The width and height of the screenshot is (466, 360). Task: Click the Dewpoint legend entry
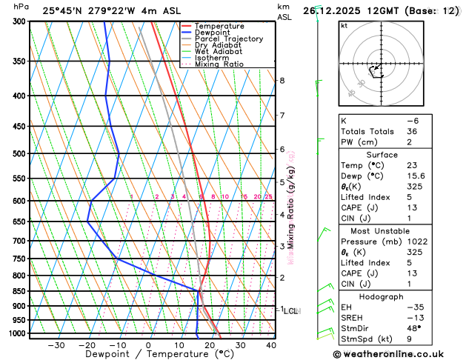click(213, 33)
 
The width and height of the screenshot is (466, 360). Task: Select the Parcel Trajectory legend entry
click(228, 39)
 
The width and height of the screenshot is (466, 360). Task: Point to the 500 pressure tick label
click(19, 154)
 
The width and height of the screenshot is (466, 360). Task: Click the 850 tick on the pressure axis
click(19, 292)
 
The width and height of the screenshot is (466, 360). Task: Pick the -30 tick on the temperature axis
click(56, 345)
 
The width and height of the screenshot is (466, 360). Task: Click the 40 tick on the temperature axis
click(272, 345)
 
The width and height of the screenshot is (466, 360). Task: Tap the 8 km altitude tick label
click(282, 80)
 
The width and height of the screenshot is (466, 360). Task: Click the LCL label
click(290, 311)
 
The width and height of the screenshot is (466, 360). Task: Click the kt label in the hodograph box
click(344, 25)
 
